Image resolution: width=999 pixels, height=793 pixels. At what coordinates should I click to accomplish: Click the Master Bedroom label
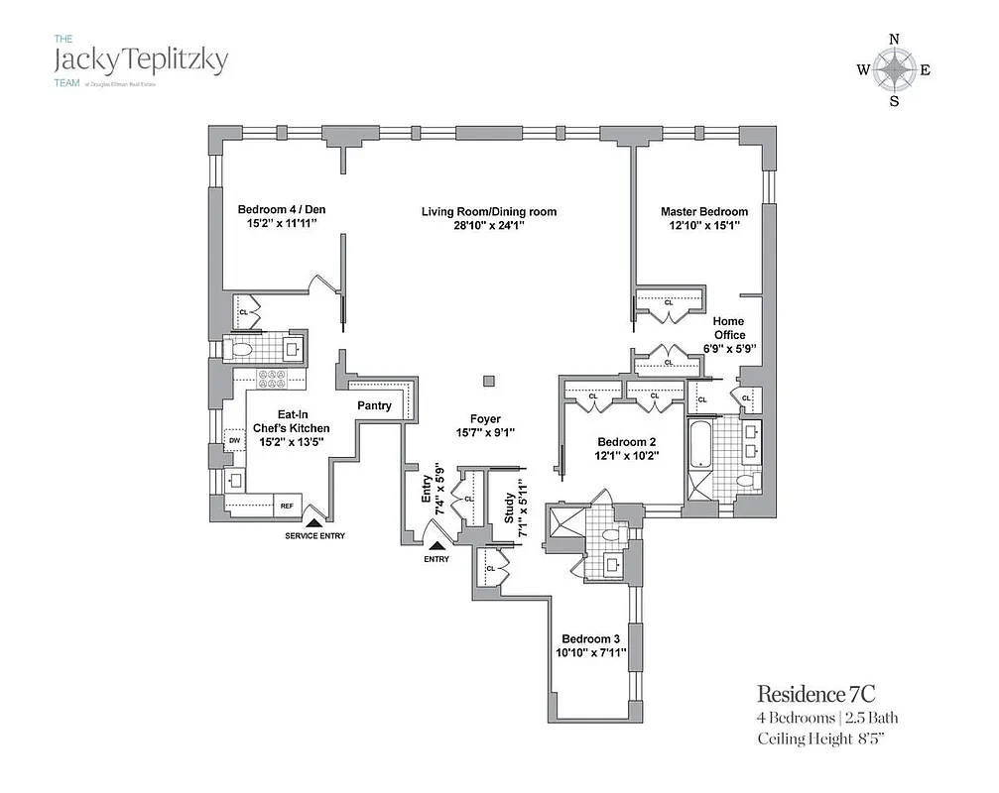coord(704,211)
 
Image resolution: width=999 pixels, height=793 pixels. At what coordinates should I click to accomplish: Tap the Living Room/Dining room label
coord(488,211)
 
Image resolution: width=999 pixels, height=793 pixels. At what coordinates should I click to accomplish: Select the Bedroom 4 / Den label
coord(281,209)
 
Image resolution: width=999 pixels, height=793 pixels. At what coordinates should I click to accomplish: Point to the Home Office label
coord(729,328)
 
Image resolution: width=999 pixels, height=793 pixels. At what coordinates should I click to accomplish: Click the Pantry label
coord(374,405)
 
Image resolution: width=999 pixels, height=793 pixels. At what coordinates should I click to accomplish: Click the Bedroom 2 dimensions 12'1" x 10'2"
coord(627,455)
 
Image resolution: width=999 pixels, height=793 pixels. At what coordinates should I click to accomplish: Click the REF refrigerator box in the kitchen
coord(287,506)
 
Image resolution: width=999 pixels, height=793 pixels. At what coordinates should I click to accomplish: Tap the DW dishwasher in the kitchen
coord(235,441)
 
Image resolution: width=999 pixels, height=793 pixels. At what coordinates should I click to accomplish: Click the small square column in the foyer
coord(487,381)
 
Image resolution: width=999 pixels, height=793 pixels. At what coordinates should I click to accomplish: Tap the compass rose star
coord(895,69)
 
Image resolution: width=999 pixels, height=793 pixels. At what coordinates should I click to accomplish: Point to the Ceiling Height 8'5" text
coord(828,738)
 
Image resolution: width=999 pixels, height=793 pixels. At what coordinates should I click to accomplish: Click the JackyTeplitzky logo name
coord(140,60)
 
